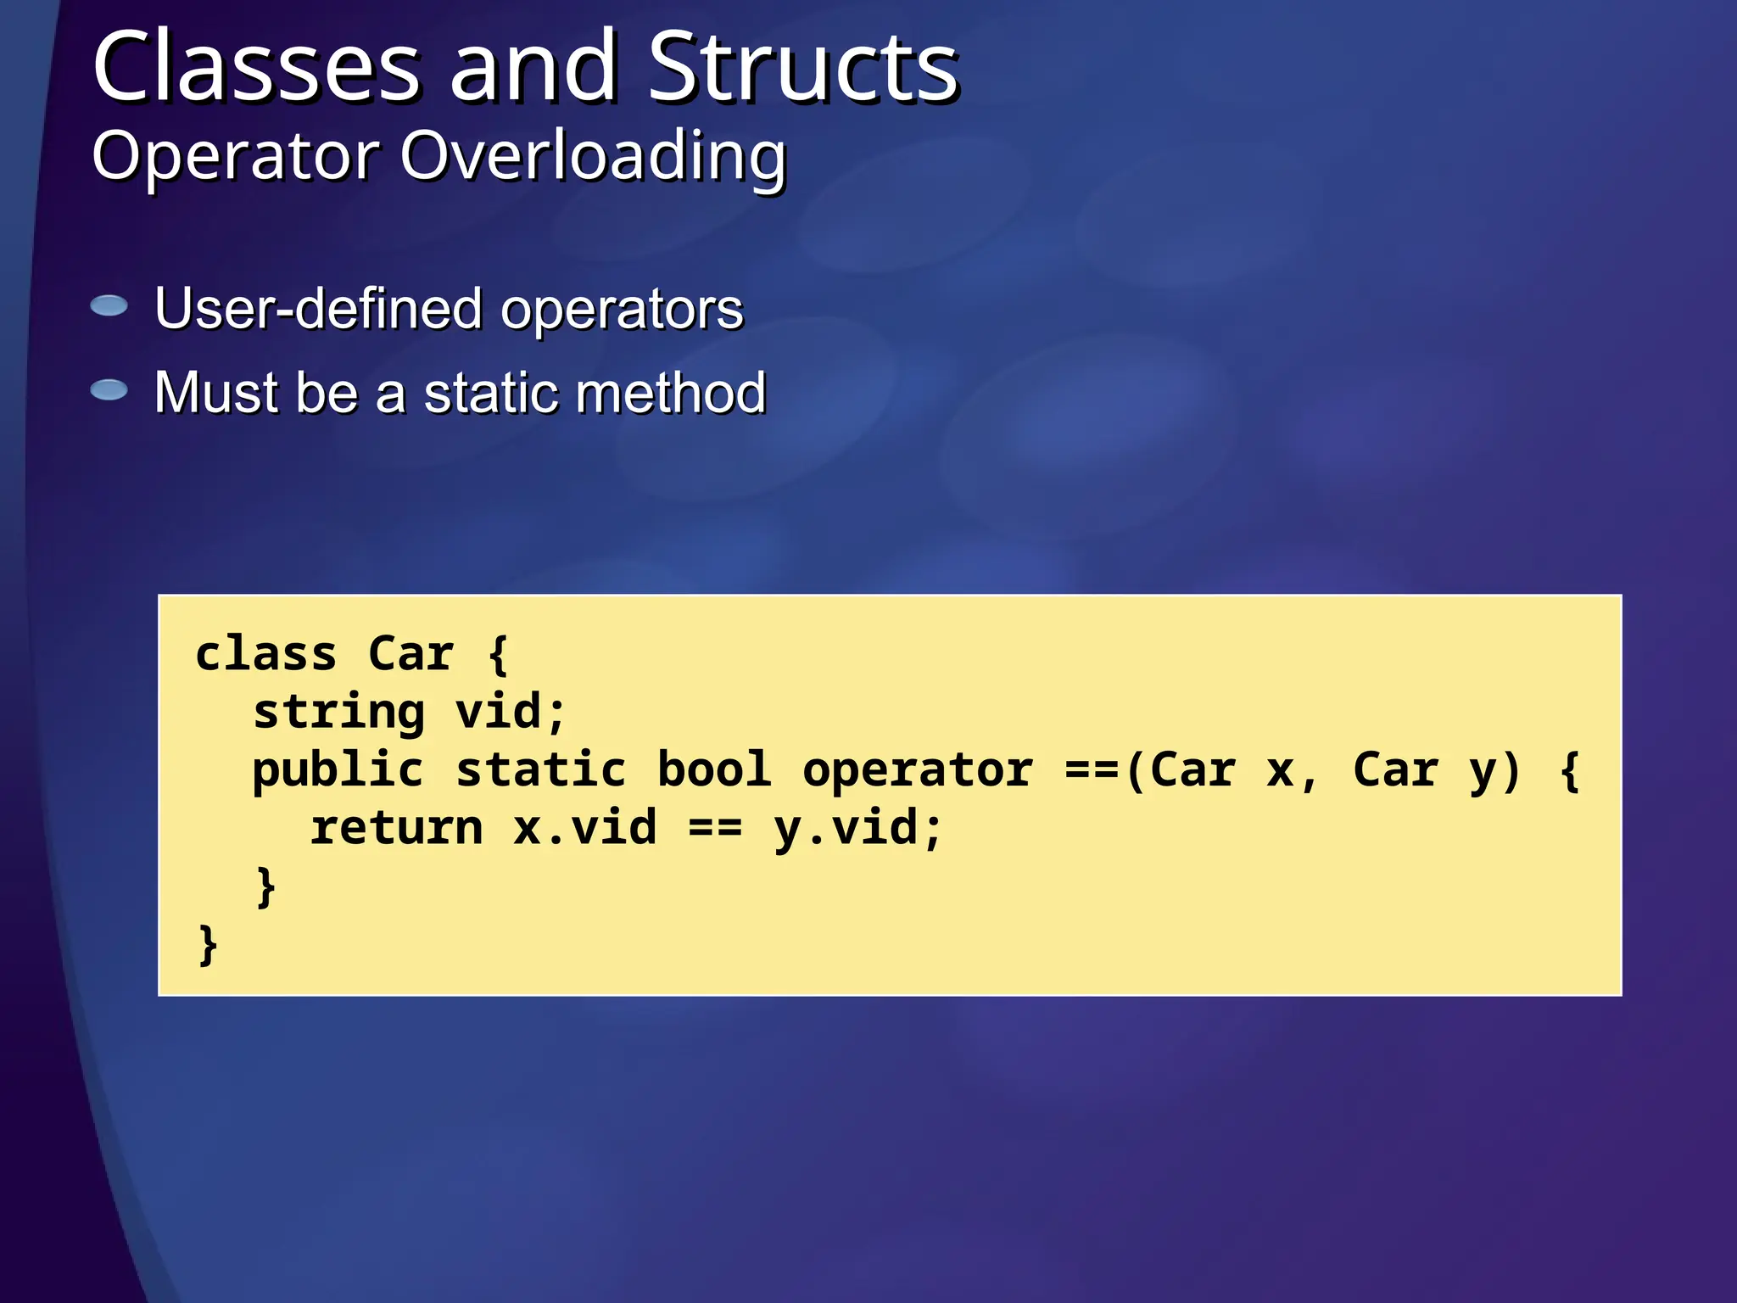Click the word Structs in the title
tap(803, 68)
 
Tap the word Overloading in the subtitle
tap(593, 158)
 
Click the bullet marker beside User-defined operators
tap(109, 305)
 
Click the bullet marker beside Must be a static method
tap(109, 390)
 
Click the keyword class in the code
tap(266, 654)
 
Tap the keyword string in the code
tap(338, 712)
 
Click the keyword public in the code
tap(338, 770)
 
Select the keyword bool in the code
tap(714, 769)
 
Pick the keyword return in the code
tap(396, 828)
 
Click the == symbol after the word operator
tap(1092, 769)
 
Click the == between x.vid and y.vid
tap(715, 828)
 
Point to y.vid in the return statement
tap(857, 828)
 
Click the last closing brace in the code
tap(208, 945)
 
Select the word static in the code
tap(540, 769)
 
